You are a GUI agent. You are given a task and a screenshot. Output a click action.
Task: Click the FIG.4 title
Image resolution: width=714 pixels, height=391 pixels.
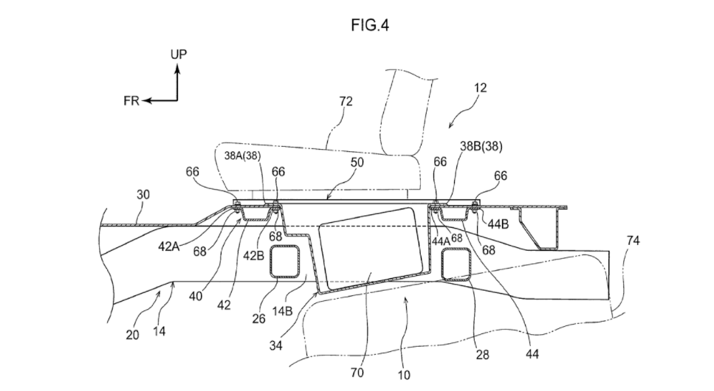click(x=370, y=25)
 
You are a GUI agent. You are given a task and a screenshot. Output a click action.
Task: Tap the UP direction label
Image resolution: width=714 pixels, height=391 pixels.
click(x=179, y=54)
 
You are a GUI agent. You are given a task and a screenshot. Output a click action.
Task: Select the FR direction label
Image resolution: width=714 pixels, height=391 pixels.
click(x=131, y=100)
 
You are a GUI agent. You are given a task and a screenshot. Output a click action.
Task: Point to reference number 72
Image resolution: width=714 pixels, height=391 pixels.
click(x=346, y=101)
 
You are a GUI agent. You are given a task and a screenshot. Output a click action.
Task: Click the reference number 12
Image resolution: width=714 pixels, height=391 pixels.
click(x=480, y=87)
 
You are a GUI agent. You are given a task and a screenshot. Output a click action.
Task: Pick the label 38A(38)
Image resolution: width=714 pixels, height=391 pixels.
click(x=243, y=156)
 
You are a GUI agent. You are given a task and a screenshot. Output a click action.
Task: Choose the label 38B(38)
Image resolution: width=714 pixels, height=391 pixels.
click(x=481, y=146)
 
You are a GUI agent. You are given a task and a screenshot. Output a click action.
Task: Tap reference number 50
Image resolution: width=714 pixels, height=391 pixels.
click(x=357, y=162)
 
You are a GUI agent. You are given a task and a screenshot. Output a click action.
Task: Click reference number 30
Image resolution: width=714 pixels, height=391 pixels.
click(x=143, y=194)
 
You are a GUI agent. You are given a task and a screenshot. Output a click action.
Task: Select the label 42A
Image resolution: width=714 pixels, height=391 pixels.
click(x=169, y=246)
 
